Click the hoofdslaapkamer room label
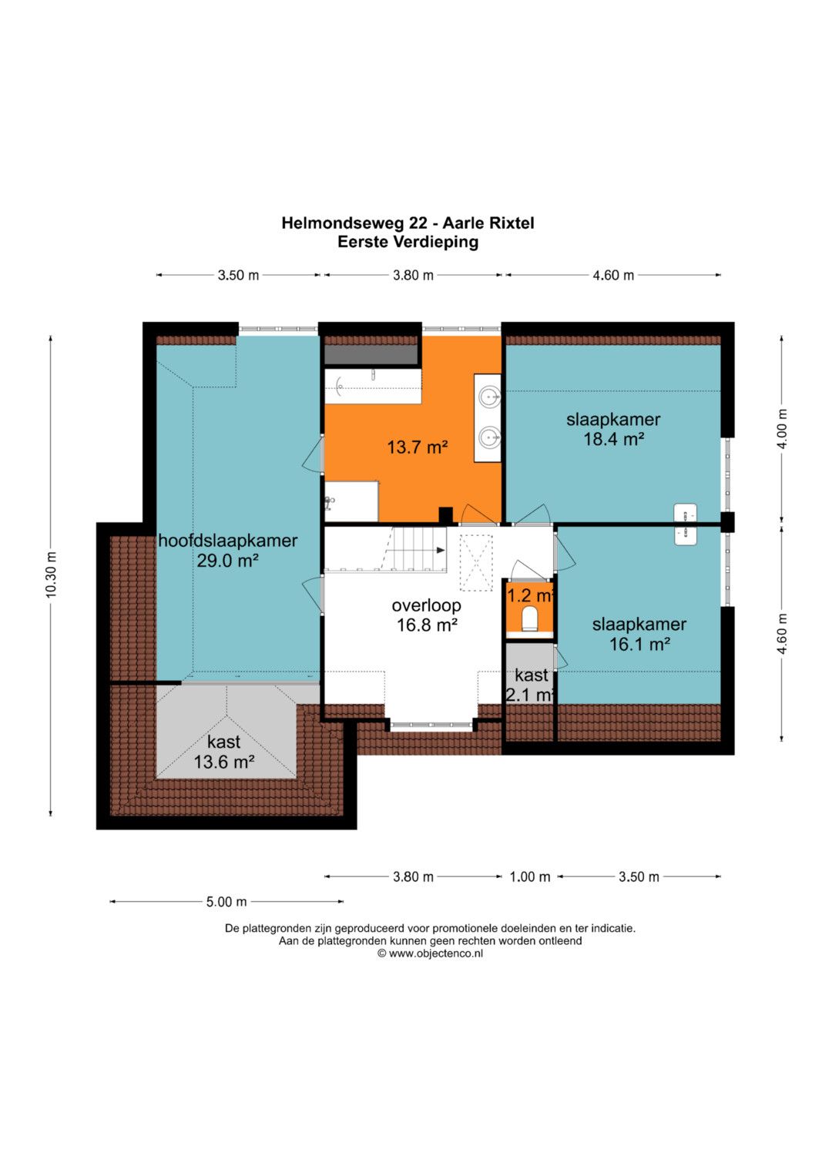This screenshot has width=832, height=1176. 227,541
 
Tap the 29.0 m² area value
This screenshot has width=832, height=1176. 227,561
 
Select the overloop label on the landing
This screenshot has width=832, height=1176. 427,605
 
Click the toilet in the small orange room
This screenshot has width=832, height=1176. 529,618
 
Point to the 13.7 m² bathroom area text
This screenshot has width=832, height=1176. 417,447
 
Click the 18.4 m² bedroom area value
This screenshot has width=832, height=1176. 614,439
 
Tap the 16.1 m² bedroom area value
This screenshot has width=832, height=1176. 639,644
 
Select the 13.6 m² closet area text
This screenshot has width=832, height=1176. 224,761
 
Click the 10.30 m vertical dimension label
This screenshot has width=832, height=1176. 51,575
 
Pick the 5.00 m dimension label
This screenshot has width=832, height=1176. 226,902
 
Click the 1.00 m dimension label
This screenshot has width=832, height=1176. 530,876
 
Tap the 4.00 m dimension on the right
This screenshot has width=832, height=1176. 782,428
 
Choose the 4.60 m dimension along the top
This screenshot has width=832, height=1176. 613,275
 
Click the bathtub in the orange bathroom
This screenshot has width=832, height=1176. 373,387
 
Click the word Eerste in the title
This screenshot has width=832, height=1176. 363,242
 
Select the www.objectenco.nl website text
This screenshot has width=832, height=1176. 435,953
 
